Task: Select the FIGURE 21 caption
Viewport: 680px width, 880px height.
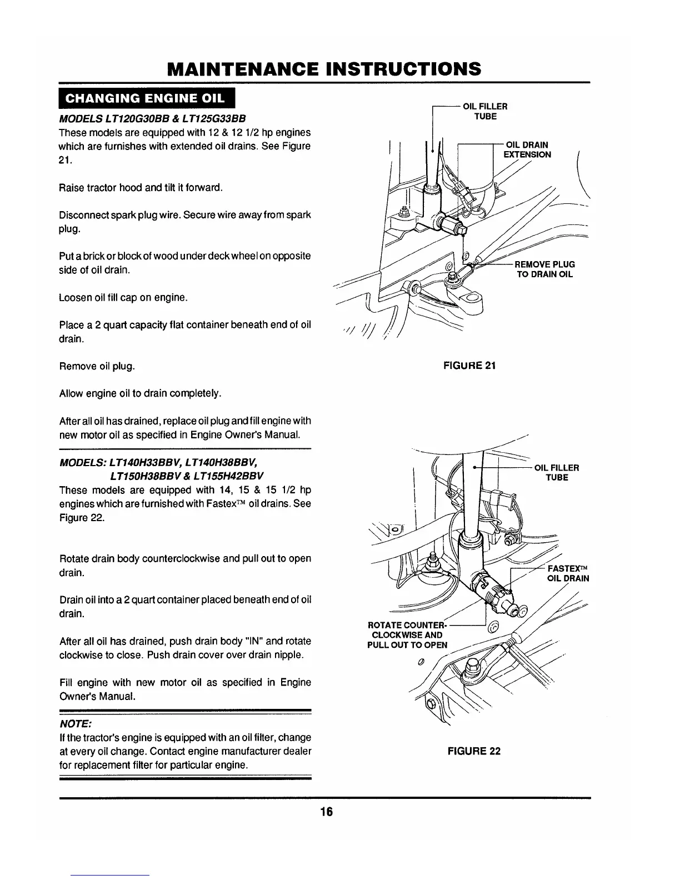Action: click(469, 365)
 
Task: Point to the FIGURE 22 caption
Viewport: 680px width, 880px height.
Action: click(474, 751)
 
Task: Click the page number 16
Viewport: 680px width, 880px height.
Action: click(326, 812)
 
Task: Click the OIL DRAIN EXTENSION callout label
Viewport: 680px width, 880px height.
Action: click(527, 150)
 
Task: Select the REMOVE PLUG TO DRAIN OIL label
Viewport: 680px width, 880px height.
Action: click(544, 269)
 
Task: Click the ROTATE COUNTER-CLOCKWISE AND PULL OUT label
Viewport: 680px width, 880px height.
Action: click(405, 635)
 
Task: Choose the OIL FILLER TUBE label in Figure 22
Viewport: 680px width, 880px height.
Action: click(557, 472)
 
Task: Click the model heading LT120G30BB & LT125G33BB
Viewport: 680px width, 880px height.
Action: click(152, 119)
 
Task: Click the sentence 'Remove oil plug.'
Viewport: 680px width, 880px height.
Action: click(97, 367)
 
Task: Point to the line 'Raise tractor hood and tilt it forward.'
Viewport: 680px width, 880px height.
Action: click(141, 187)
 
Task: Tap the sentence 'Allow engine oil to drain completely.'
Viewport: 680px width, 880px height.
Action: click(140, 394)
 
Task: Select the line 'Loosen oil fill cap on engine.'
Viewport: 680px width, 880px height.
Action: click(123, 298)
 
